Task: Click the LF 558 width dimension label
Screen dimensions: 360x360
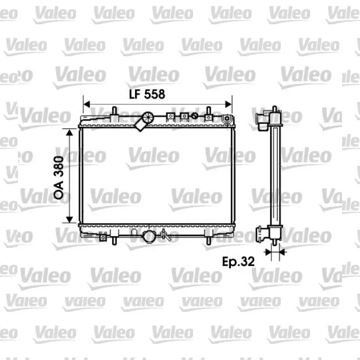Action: (x=147, y=94)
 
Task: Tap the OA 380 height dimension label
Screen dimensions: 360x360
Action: (x=58, y=177)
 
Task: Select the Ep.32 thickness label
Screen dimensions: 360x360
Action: (x=238, y=261)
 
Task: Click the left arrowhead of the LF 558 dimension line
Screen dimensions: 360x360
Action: (x=87, y=104)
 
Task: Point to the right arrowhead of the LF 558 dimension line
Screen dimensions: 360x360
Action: (x=229, y=104)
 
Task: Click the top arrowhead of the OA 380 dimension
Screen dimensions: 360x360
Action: (x=69, y=132)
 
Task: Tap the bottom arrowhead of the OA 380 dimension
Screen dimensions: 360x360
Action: (x=69, y=220)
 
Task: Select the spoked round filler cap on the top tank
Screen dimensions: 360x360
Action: (x=148, y=117)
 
